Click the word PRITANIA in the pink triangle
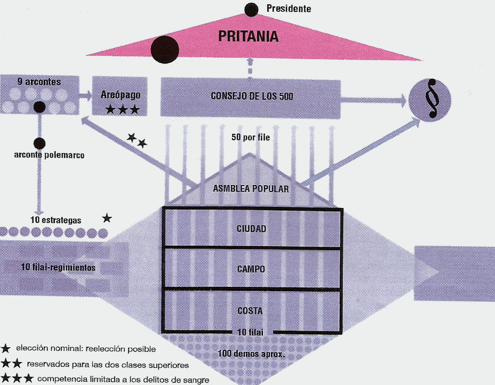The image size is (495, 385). click(249, 36)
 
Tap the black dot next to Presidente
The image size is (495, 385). click(252, 9)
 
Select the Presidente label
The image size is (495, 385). click(289, 9)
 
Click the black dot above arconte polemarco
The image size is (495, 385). click(39, 143)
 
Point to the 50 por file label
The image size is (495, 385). click(251, 137)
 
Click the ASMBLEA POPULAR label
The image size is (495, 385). click(251, 189)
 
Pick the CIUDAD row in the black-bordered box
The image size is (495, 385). click(251, 228)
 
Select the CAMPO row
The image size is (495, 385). click(251, 269)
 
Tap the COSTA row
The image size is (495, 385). click(251, 310)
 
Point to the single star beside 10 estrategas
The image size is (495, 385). click(107, 218)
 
